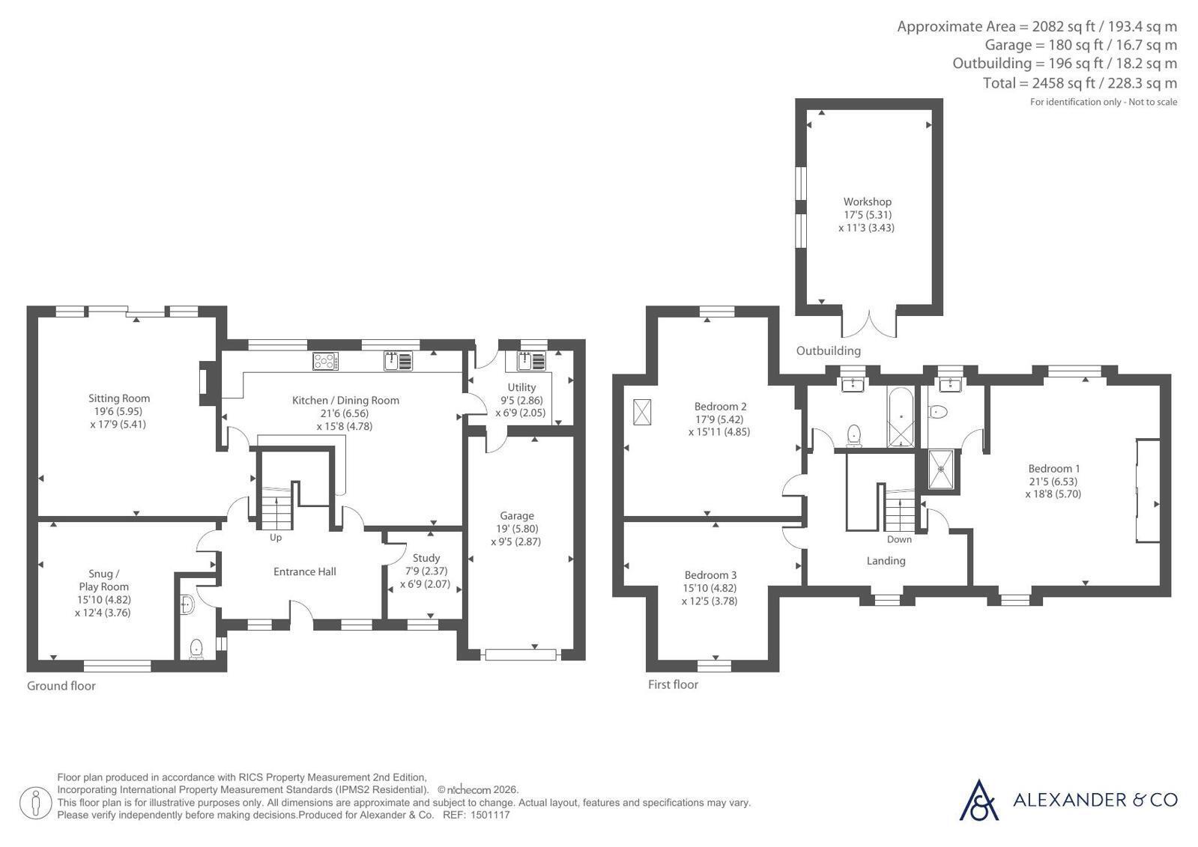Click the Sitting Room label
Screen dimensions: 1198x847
pos(119,398)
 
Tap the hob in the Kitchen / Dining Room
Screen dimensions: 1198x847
pos(326,361)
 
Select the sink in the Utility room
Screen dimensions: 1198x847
pos(532,362)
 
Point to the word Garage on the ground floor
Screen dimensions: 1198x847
pos(517,516)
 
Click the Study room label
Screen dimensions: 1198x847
pos(426,558)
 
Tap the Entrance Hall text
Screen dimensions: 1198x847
pos(305,571)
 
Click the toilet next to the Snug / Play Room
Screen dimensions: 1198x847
pos(197,649)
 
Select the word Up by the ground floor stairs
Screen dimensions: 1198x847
pos(276,538)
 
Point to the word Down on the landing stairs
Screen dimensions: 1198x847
pos(899,539)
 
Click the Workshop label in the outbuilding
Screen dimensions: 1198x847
pos(868,201)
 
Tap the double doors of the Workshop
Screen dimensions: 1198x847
pos(869,324)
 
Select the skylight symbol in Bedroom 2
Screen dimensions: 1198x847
pos(642,413)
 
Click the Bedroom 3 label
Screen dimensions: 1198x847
pos(710,575)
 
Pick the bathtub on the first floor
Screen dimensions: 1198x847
pos(901,416)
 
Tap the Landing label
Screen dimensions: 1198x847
pos(886,561)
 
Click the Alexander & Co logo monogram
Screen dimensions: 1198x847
pos(978,801)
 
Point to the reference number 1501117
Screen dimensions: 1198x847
pos(490,815)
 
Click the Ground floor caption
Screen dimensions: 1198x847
pos(61,686)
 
